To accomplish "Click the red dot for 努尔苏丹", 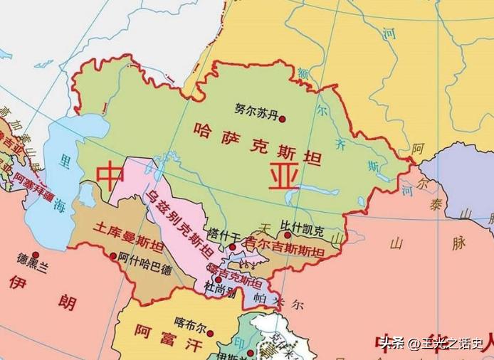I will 282,120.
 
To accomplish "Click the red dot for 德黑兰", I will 34,254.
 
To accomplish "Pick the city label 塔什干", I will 223,233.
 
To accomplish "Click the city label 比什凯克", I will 303,231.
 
